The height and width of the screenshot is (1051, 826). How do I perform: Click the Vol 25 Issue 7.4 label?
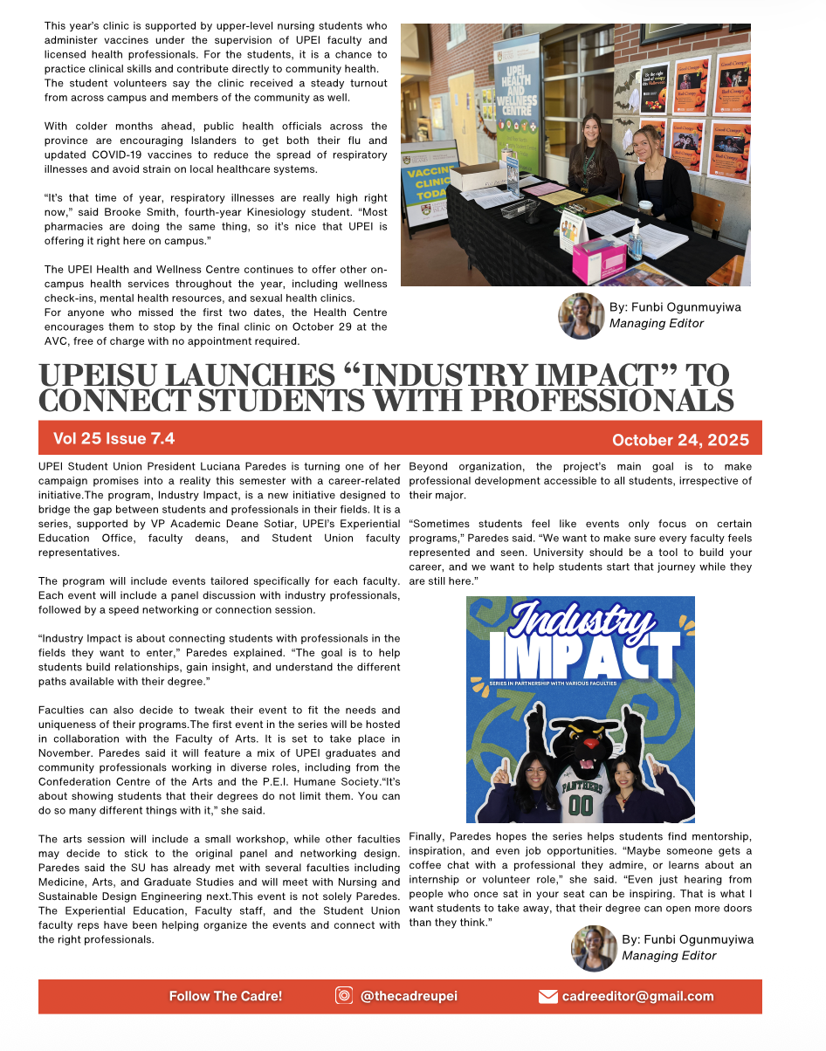click(114, 438)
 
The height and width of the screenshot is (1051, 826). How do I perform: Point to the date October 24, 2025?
click(680, 439)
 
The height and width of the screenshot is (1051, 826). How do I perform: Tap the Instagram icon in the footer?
click(344, 996)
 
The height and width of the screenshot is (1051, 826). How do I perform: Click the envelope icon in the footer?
click(547, 997)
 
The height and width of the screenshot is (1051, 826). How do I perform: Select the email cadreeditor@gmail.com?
click(637, 996)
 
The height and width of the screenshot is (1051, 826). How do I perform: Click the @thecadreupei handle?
click(409, 996)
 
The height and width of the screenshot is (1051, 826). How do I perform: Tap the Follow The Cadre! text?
click(225, 996)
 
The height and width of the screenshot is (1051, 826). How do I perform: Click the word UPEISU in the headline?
click(106, 376)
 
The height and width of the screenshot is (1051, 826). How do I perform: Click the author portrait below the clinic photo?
click(581, 316)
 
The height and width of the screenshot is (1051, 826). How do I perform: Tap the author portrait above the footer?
click(594, 948)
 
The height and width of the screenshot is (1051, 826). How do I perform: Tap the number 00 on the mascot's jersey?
click(581, 805)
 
